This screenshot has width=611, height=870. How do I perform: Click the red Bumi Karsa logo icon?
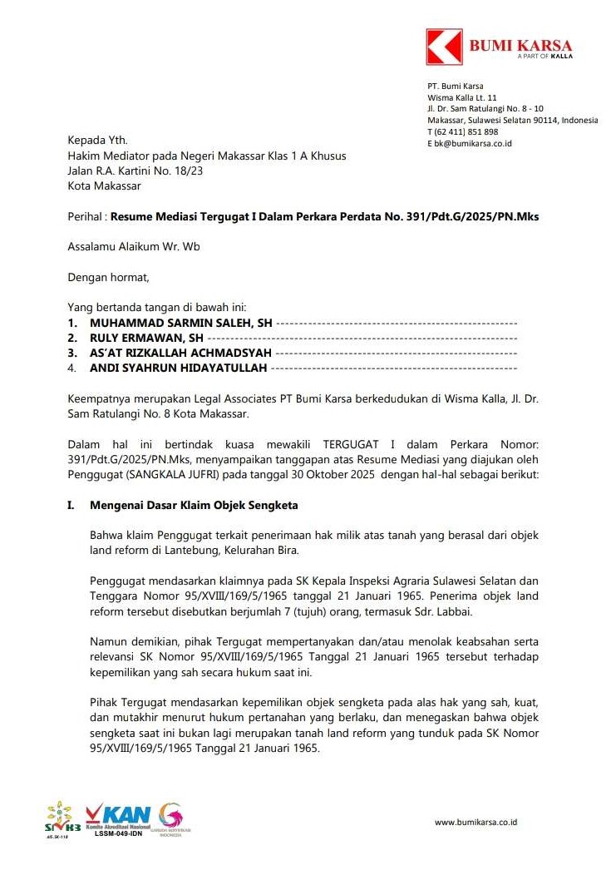(x=444, y=47)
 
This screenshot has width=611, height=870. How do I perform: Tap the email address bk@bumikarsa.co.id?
(x=470, y=143)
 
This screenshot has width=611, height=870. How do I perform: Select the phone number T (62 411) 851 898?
(x=463, y=131)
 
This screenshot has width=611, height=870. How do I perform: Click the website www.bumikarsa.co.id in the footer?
(x=476, y=823)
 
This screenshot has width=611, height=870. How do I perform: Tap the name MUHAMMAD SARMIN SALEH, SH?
(x=181, y=323)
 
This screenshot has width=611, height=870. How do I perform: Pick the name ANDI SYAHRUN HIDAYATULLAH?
(x=178, y=368)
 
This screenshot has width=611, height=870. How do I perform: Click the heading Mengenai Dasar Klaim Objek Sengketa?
(x=194, y=505)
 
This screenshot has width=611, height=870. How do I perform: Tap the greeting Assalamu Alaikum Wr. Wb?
(x=133, y=246)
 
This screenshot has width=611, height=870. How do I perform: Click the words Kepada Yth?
(x=97, y=141)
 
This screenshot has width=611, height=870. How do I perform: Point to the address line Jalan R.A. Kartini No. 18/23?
(x=135, y=171)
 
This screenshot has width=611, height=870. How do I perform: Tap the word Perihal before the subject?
(x=85, y=216)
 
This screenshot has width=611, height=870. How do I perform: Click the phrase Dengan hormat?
(x=108, y=277)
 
